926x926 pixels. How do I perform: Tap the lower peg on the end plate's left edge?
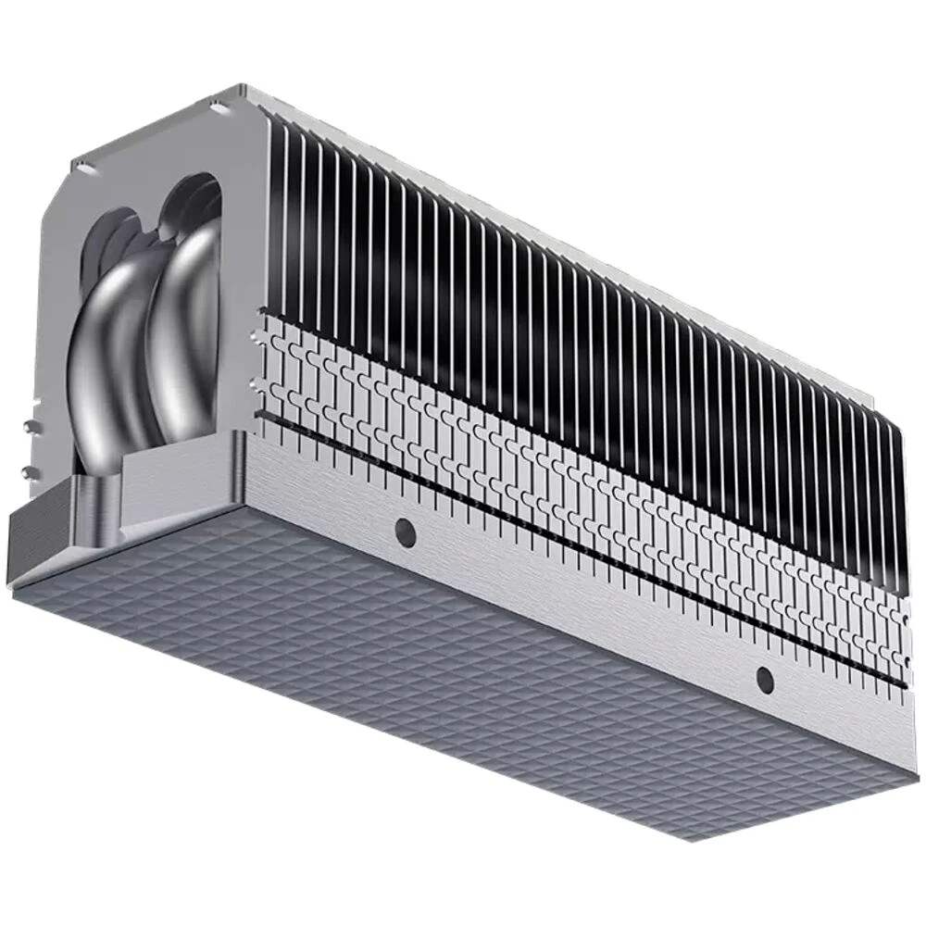point(29,472)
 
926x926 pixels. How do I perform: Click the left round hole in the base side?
point(404,530)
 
